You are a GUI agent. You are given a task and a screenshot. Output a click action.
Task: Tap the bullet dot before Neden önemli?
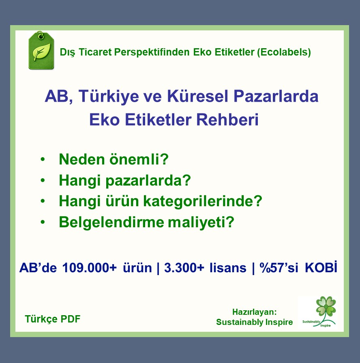(43, 159)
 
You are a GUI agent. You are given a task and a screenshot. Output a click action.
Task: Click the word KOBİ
(321, 268)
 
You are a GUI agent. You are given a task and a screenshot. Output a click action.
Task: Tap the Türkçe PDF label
(53, 319)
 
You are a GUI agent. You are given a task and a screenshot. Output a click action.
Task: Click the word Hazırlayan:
(254, 312)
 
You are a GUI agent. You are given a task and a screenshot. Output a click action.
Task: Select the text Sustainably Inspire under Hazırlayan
(254, 322)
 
